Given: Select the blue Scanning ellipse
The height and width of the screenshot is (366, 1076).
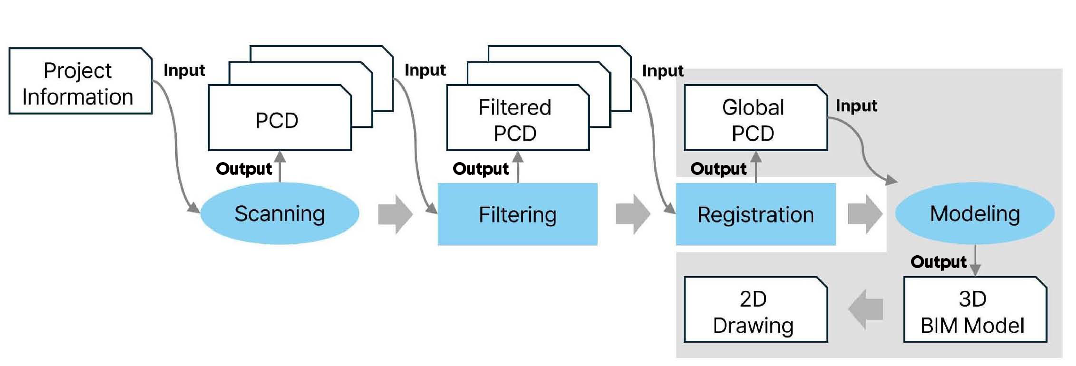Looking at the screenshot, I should pos(280,213).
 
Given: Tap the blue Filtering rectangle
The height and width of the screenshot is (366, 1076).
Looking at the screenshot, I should pos(517,214).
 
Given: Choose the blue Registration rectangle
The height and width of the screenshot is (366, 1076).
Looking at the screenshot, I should pos(756,214).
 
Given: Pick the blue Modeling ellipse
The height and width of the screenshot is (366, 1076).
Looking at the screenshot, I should pos(975,213).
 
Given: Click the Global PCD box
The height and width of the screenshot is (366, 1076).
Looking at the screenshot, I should pos(755,119).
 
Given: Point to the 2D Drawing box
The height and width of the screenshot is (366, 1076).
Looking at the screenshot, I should pos(755,310).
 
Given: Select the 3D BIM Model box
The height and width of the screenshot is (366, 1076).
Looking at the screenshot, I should pos(975,310).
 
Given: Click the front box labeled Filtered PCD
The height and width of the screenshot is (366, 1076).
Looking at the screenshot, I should pos(517,119).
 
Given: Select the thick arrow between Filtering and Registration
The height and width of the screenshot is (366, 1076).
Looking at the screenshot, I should pos(633,214).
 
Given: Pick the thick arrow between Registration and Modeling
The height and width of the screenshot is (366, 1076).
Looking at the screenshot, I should pos(865,214).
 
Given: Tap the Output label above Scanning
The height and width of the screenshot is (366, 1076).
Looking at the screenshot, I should pos(244,169).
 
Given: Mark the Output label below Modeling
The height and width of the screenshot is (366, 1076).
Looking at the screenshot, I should pos(939,262).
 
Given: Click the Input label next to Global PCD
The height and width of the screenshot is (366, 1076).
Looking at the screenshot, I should pos(856,106).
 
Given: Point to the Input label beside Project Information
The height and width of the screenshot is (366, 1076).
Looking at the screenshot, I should pos(184,70).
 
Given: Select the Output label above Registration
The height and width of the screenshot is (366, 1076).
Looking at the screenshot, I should pos(718,169).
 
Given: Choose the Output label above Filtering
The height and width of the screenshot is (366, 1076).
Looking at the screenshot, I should pos(481,169).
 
